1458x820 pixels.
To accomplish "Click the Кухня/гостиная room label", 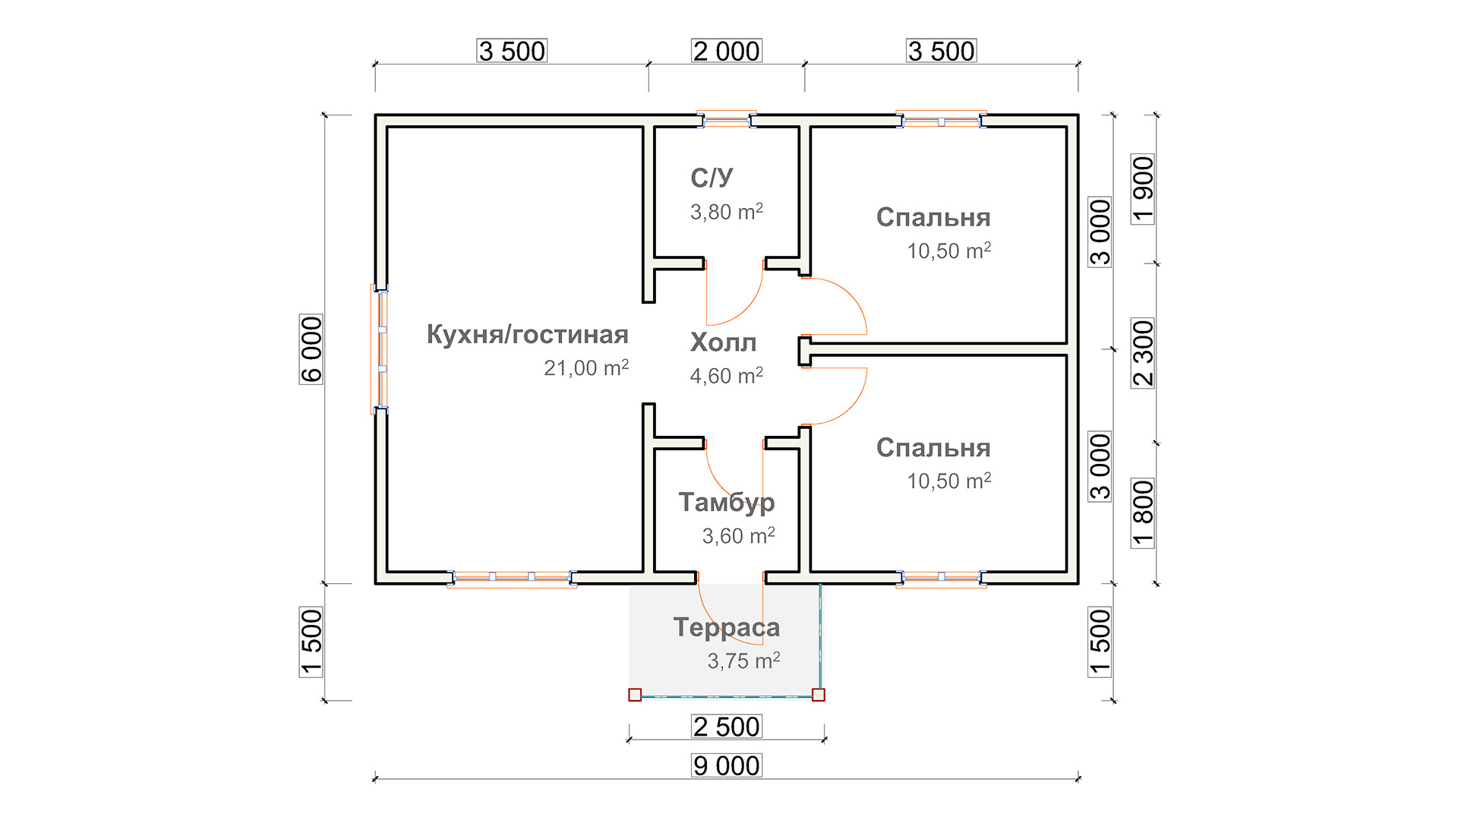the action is [527, 335].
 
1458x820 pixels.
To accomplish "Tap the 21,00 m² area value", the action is [586, 367].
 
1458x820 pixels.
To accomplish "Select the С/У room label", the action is [712, 178].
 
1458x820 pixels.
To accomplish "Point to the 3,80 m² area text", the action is [727, 211].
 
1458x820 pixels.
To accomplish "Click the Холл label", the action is [723, 342].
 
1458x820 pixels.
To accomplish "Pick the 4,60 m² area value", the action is [727, 375].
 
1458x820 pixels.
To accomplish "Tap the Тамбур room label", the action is [727, 503].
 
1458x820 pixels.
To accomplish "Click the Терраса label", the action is [727, 627].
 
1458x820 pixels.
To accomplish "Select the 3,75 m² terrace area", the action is [744, 661].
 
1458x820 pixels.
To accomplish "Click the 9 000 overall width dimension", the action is [727, 765].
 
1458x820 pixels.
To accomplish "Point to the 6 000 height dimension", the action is [311, 349].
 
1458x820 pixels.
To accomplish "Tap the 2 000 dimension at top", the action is [727, 51].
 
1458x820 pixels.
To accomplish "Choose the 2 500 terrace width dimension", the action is [727, 727].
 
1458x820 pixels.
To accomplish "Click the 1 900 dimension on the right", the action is [1143, 189].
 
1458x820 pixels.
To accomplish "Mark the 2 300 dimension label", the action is [1143, 353].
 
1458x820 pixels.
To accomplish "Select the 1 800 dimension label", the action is [1143, 513].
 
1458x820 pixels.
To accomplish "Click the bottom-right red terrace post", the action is [819, 695].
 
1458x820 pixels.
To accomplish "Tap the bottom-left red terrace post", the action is [635, 695].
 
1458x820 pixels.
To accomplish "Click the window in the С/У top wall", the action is [727, 120].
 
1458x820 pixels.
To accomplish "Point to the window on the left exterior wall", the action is [380, 349].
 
